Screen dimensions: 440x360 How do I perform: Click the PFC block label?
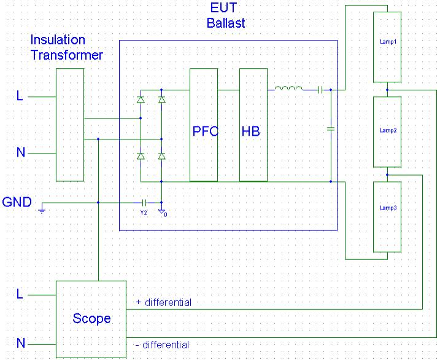(x=206, y=131)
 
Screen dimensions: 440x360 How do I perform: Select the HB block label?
(x=251, y=131)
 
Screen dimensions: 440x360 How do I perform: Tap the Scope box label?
(x=91, y=318)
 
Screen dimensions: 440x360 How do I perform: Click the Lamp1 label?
(x=388, y=42)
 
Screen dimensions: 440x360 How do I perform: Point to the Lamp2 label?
(x=388, y=130)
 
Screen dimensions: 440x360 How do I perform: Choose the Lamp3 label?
(x=388, y=208)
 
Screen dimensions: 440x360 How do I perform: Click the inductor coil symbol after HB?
(x=288, y=88)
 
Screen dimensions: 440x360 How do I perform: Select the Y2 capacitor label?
(x=144, y=213)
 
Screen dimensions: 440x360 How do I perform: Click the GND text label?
(x=17, y=202)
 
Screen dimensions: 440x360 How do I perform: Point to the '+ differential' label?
(x=164, y=302)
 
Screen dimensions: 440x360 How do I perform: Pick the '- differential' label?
(x=162, y=345)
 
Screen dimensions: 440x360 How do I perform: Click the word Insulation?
(x=58, y=40)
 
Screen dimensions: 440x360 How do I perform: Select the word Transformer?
(x=67, y=55)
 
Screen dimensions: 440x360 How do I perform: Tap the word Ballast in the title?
(x=226, y=23)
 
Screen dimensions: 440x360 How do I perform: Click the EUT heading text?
(x=223, y=7)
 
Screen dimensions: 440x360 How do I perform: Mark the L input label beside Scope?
(x=20, y=294)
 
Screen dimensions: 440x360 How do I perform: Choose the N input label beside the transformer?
(x=21, y=152)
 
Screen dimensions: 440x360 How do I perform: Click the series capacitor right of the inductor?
(x=320, y=90)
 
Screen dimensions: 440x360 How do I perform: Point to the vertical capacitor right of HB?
(x=331, y=129)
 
